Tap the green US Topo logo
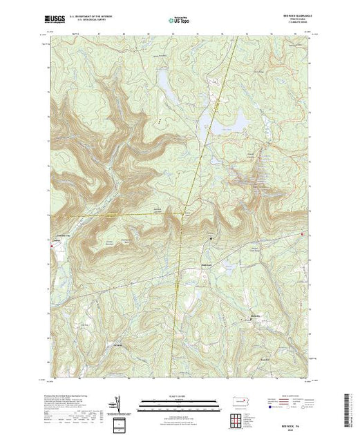pyautogui.click(x=179, y=21)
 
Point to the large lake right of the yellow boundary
pyautogui.click(x=222, y=125)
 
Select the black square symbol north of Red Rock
pyautogui.click(x=209, y=240)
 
